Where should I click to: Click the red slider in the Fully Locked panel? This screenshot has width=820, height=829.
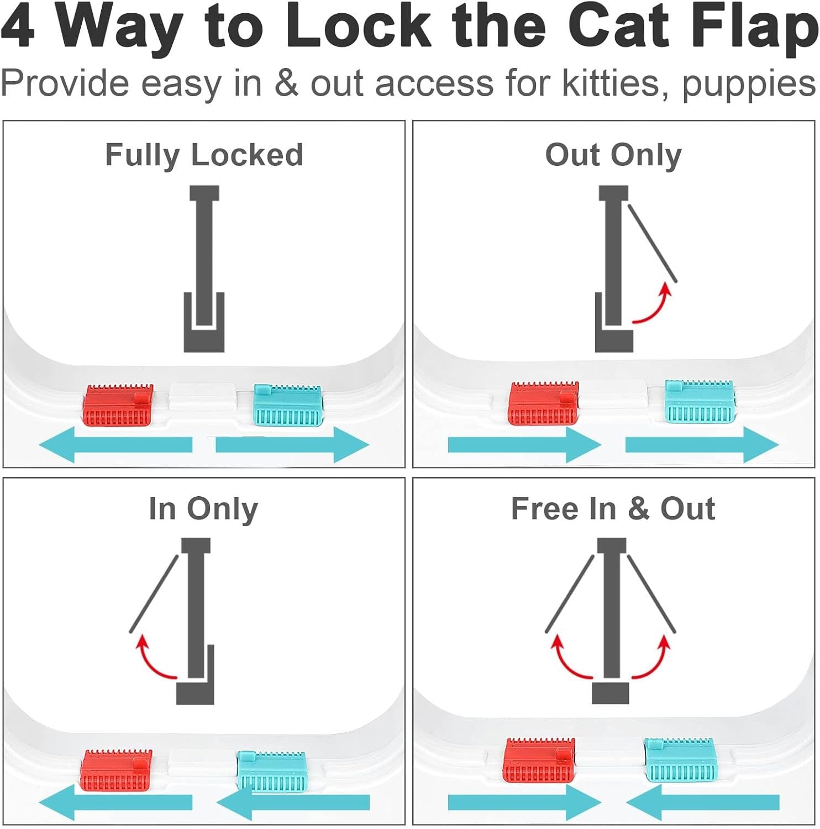coord(118,406)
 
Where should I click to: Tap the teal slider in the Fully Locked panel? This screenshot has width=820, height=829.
coord(287,406)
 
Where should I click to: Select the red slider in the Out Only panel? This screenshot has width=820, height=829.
coord(543,403)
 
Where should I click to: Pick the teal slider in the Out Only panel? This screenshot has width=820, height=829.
coord(699,400)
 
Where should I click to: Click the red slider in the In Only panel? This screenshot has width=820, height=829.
coord(117,770)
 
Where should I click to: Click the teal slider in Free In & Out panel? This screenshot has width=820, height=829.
coord(680,759)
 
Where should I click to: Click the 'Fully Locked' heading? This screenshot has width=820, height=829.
coord(204,155)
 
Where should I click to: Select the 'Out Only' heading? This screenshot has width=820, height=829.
coord(613,155)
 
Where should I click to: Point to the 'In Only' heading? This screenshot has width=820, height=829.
coord(203,508)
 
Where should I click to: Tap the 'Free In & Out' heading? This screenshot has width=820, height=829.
coord(613,508)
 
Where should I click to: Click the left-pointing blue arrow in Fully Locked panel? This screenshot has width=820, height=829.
coord(115,444)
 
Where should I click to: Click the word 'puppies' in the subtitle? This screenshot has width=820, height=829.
coord(749,85)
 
